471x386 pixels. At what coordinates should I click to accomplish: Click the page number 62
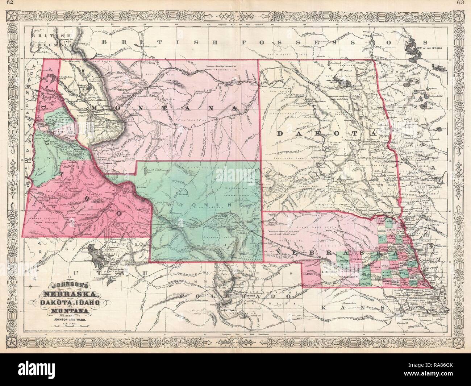[6, 4]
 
